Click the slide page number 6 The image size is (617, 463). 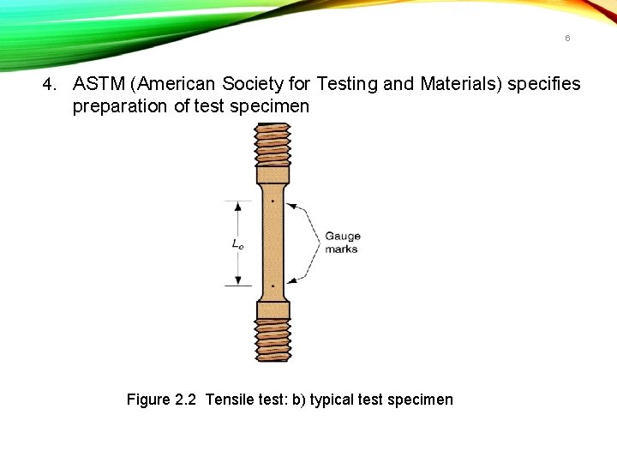tap(567, 39)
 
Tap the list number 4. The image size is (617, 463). tap(51, 84)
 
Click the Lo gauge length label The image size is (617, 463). tap(237, 244)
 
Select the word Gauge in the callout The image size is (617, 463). tap(343, 236)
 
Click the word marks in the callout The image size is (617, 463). tap(341, 250)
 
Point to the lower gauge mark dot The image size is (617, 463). tap(273, 285)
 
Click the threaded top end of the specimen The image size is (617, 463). tap(273, 144)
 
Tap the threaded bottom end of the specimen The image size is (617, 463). tap(273, 339)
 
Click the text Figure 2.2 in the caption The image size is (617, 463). tap(162, 400)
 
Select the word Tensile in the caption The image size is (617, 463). tap(231, 400)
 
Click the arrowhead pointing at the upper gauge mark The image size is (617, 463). tap(292, 205)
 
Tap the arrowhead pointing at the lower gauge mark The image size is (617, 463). tap(292, 280)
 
